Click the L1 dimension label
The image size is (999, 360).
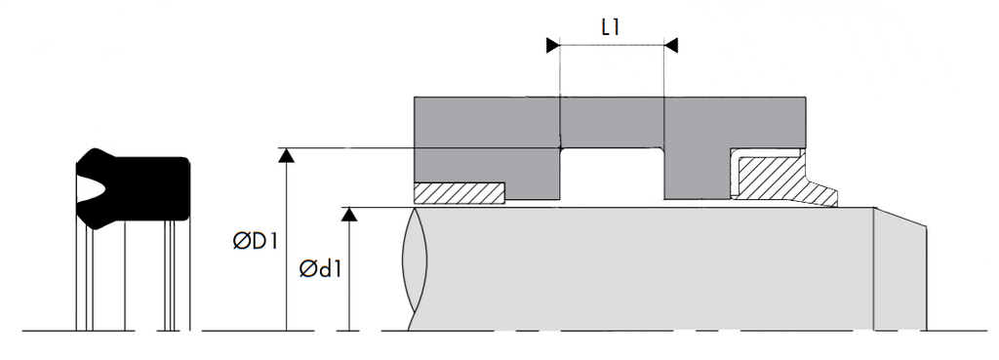611,27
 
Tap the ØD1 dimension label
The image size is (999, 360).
255,242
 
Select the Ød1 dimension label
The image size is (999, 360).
320,269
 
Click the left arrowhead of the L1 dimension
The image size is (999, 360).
553,45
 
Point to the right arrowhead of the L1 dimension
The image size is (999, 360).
671,45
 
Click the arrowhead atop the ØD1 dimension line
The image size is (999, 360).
287,155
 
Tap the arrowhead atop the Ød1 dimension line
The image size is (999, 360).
349,214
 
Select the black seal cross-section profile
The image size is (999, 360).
133,188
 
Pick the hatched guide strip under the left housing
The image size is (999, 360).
460,193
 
